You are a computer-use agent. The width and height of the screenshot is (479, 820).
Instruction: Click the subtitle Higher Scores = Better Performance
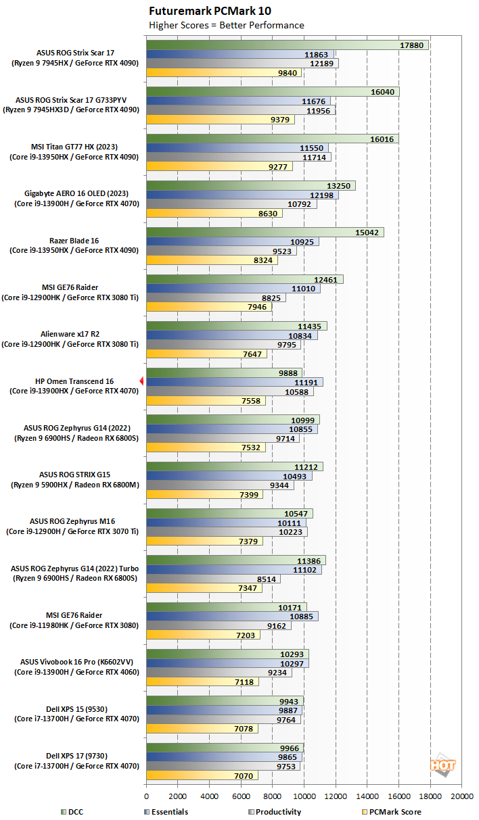point(226,26)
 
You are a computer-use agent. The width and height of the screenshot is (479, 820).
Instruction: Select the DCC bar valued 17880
point(287,45)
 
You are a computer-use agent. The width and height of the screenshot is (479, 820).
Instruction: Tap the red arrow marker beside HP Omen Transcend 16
point(141,381)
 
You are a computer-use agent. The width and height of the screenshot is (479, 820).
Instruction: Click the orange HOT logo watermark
point(442,765)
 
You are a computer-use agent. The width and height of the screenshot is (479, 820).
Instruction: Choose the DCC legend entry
point(74,812)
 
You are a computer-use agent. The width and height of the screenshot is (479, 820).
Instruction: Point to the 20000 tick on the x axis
point(461,796)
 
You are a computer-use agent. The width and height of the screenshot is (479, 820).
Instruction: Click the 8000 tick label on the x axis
point(273,796)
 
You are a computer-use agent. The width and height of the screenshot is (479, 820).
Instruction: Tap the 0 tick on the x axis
point(147,796)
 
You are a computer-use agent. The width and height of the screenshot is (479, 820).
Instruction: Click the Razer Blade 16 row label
point(74,241)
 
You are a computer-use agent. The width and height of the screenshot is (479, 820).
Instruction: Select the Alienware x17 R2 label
point(74,333)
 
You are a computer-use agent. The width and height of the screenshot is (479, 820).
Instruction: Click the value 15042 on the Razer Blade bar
point(367,232)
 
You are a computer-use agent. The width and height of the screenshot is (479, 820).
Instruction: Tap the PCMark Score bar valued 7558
point(206,400)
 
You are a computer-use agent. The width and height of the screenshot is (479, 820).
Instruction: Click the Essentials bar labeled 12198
point(242,195)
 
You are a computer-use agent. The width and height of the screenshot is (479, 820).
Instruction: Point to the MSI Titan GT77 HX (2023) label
point(74,147)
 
